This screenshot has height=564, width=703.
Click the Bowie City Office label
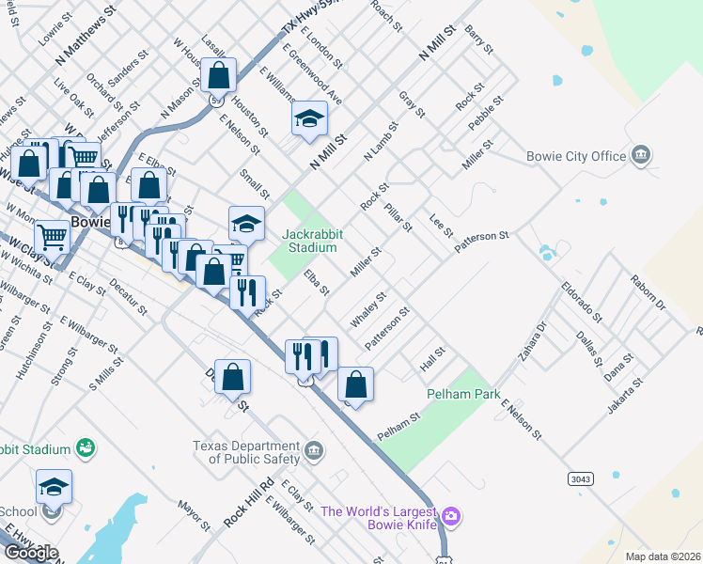pos(576,156)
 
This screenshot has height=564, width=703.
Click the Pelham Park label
pos(462,395)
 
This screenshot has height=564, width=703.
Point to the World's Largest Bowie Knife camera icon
pos(451,515)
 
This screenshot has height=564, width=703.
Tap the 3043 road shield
pos(581,479)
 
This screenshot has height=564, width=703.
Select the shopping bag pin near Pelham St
pos(355,384)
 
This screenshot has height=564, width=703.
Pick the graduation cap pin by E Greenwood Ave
pos(309,118)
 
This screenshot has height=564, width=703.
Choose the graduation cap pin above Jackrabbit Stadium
pos(246,223)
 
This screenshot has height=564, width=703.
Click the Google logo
pos(30,553)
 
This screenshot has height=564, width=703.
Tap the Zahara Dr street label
pos(532,346)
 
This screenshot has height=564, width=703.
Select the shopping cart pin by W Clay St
pos(52,237)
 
